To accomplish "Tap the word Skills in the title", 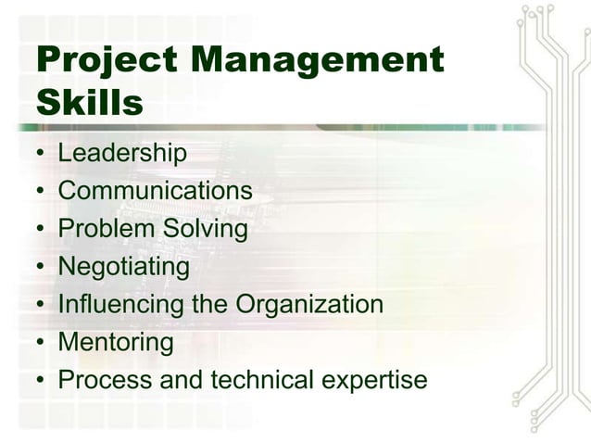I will tap(90, 103).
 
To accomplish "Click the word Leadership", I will tap(122, 153).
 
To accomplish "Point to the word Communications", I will tap(155, 191).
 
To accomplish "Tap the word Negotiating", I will tap(123, 267).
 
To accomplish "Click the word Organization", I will tap(309, 305).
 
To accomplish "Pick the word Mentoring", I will tap(116, 343).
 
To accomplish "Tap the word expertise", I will tap(371, 381).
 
